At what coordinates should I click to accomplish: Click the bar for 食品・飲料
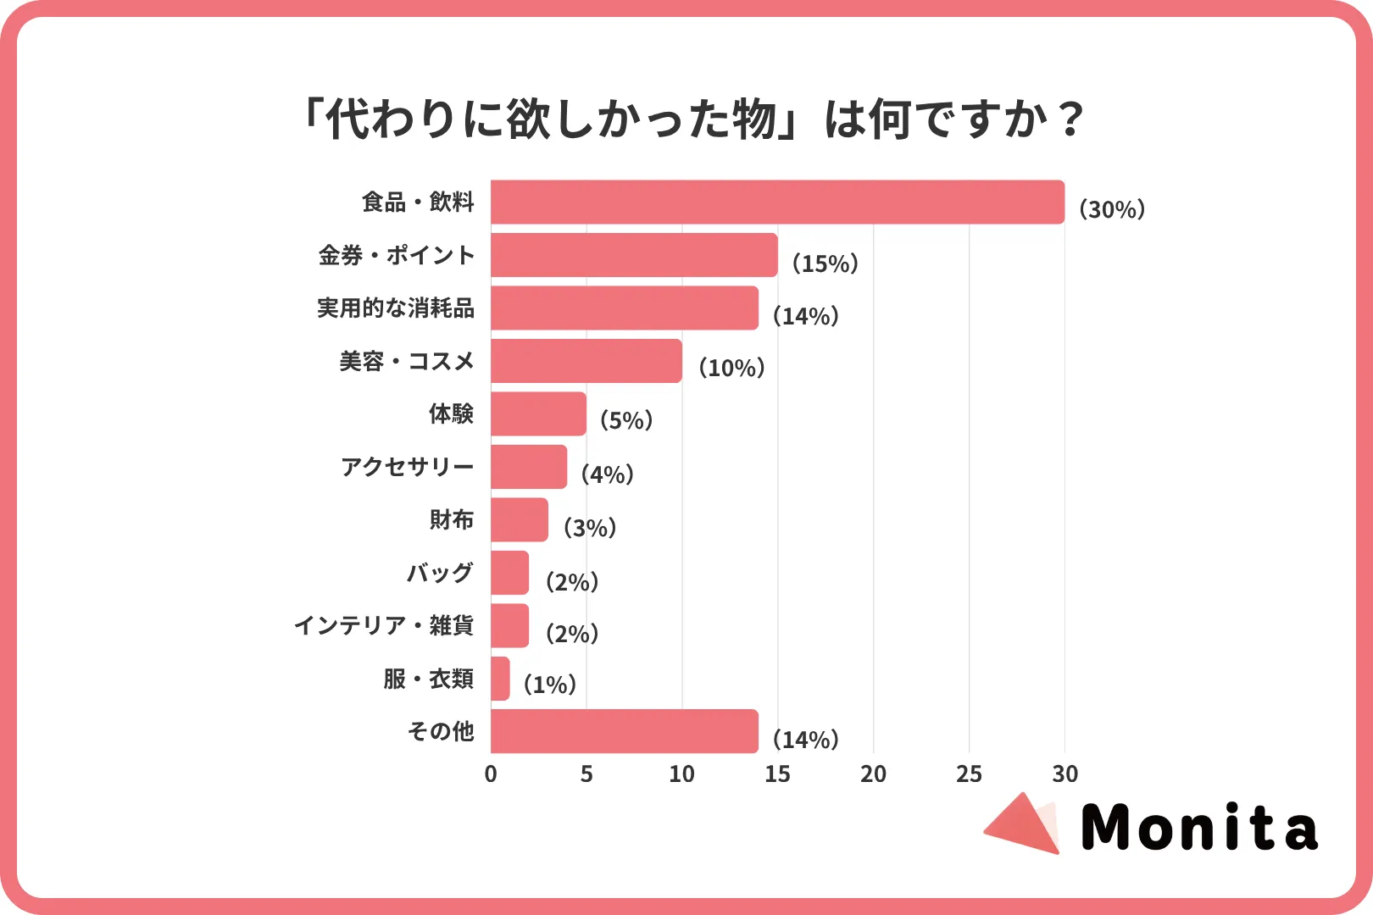[x=777, y=202]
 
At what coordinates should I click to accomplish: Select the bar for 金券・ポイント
[x=634, y=255]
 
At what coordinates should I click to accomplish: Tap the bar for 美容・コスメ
[x=586, y=361]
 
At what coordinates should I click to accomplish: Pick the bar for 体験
[x=538, y=413]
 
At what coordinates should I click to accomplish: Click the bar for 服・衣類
[x=500, y=679]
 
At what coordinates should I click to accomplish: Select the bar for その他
[x=625, y=731]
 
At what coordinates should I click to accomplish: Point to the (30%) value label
[x=1111, y=209]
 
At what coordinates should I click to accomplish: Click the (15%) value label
[x=825, y=263]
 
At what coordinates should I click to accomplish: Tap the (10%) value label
[x=731, y=368]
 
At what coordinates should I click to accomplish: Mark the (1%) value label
[x=550, y=685]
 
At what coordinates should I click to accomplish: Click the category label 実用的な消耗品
[x=396, y=308]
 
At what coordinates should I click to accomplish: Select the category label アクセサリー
[x=407, y=467]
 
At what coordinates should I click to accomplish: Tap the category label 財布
[x=451, y=519]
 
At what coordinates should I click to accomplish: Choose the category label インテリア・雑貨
[x=384, y=625]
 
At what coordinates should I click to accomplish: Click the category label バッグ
[x=440, y=573]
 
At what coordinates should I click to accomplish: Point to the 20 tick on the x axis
[x=873, y=774]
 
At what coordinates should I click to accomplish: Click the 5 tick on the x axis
[x=586, y=774]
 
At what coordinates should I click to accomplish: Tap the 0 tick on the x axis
[x=491, y=774]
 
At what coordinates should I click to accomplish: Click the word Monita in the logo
[x=1198, y=828]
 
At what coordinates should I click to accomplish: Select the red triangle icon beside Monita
[x=1023, y=824]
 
